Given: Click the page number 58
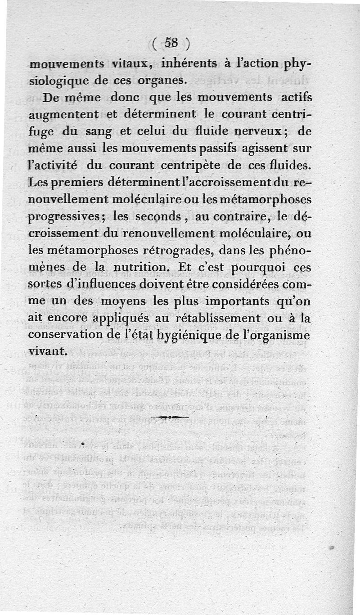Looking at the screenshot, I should point(171,44).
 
